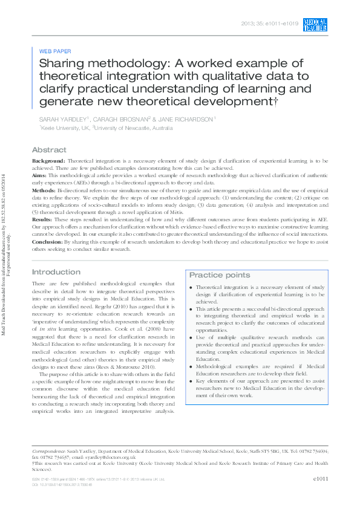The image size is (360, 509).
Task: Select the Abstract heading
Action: (49, 149)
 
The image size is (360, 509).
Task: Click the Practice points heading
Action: (220, 275)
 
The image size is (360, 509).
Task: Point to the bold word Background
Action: (48, 161)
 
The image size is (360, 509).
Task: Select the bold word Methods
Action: (44, 189)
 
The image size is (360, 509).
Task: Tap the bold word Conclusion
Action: (47, 241)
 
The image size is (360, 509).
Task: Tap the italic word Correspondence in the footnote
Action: (50, 452)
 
